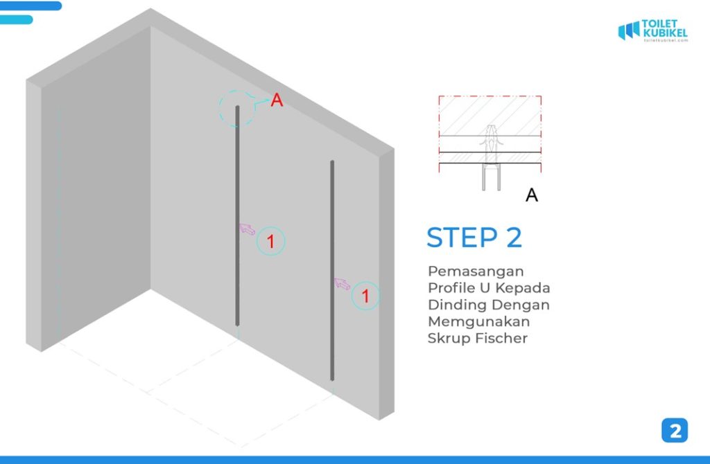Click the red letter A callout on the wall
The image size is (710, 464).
click(x=277, y=100)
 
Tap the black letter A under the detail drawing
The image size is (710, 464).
click(x=532, y=195)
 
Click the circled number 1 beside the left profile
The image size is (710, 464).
click(x=271, y=242)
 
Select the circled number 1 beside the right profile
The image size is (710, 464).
click(x=365, y=296)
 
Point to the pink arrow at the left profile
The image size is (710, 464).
click(x=248, y=229)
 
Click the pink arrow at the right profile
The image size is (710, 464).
click(x=343, y=284)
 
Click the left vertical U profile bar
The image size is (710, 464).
click(x=237, y=215)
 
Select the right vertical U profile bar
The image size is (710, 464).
click(x=332, y=271)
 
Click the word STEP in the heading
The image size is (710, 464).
click(x=462, y=238)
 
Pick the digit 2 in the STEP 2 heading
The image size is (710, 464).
click(x=514, y=238)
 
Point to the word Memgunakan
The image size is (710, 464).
click(x=478, y=321)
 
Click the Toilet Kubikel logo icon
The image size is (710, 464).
click(x=629, y=30)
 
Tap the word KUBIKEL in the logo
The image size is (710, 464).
click(x=665, y=33)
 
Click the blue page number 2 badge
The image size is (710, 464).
click(x=675, y=431)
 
